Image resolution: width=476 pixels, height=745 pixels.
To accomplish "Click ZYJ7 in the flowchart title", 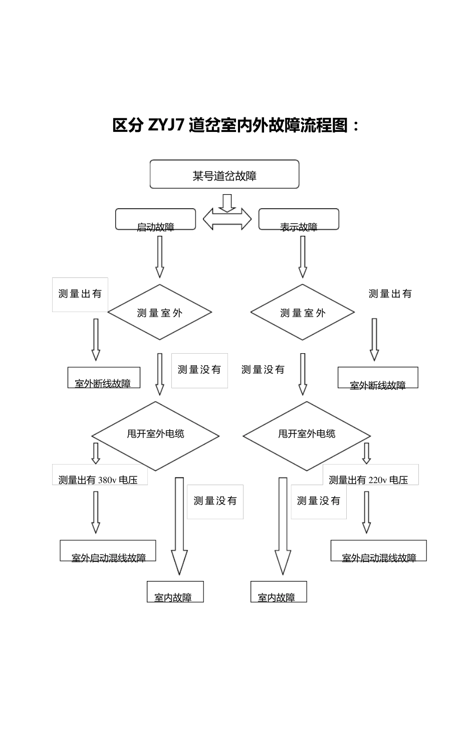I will [x=167, y=125].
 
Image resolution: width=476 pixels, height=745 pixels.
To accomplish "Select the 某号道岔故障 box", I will [x=224, y=175].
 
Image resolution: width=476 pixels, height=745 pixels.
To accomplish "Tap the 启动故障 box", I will [x=155, y=220].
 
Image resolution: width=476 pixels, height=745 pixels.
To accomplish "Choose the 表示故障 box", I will [x=299, y=220].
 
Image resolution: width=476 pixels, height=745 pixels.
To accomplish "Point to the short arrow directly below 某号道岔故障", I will [x=227, y=203].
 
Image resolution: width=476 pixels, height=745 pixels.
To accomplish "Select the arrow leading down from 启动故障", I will [x=159, y=256].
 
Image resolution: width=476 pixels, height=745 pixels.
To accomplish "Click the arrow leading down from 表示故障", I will [x=303, y=256].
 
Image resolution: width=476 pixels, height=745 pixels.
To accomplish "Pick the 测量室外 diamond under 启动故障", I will [x=159, y=313].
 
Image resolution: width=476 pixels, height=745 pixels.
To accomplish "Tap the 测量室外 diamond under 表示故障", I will [x=303, y=313].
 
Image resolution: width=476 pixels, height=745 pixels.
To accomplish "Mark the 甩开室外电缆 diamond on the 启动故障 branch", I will [x=155, y=435].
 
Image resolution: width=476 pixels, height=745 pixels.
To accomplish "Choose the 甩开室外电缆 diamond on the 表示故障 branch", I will [x=307, y=435].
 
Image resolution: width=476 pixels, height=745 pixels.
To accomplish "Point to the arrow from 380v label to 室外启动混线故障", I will [x=95, y=512].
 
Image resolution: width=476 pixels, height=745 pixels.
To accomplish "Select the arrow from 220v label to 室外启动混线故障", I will [x=366, y=512].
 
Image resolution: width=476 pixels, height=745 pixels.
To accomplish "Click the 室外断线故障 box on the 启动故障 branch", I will [x=104, y=378].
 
